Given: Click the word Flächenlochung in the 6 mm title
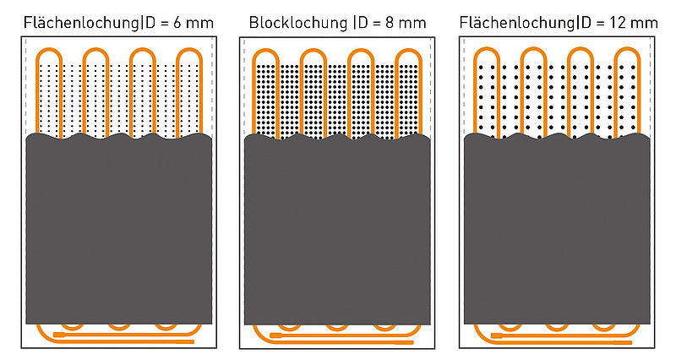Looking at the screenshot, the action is click(81, 23).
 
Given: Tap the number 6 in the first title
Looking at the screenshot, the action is click(177, 23).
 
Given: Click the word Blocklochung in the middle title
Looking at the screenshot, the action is click(298, 23).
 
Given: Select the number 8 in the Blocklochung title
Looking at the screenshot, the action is click(390, 23).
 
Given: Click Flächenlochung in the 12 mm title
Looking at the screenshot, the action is click(516, 23).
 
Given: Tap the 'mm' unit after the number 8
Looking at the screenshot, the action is click(412, 25).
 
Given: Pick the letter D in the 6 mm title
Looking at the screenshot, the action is click(150, 23).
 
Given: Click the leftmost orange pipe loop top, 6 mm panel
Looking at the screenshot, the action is click(49, 49).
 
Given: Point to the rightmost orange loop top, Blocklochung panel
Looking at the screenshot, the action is click(408, 50).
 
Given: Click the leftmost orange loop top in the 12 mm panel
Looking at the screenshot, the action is click(487, 49).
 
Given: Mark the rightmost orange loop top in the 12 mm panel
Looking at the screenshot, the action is click(627, 49).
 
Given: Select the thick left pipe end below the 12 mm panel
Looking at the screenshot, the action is click(497, 335).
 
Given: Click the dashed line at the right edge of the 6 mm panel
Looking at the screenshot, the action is click(213, 86).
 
